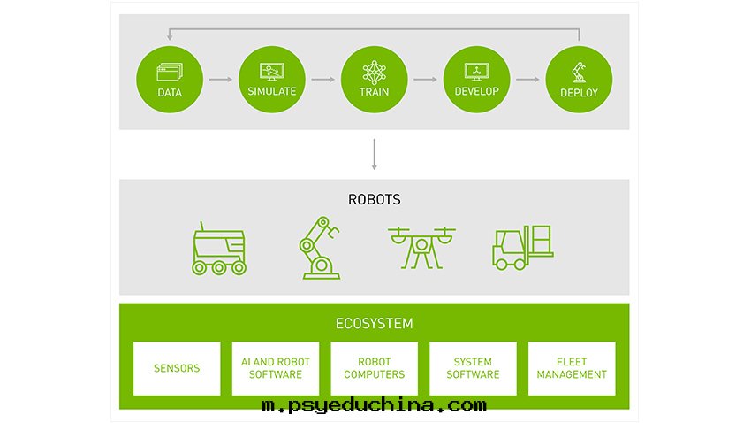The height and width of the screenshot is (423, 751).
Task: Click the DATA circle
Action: (x=170, y=80)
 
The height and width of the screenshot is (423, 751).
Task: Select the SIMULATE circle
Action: (x=272, y=80)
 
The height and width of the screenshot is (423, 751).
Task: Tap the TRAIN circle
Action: (x=374, y=80)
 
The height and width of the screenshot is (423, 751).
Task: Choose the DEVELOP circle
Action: (x=476, y=80)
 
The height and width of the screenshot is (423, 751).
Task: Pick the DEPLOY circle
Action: (x=579, y=80)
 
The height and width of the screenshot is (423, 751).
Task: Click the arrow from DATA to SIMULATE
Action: (x=221, y=80)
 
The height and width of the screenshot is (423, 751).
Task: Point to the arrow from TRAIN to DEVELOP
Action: (x=425, y=80)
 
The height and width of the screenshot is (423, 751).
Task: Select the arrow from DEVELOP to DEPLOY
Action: (x=527, y=80)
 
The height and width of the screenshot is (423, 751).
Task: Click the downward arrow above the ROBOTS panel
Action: (x=374, y=155)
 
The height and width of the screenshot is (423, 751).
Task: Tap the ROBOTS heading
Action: (x=374, y=199)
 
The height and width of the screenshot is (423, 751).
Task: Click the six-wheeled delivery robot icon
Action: (x=219, y=249)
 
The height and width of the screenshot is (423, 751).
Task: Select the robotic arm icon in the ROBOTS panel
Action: (x=320, y=248)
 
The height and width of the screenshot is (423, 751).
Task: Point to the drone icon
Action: (x=421, y=248)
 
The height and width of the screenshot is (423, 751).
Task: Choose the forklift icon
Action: (x=522, y=248)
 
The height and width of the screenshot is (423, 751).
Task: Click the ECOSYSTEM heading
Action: (x=374, y=324)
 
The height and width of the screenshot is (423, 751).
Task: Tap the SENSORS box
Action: (x=177, y=368)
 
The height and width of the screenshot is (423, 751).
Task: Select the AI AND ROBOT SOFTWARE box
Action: (x=276, y=368)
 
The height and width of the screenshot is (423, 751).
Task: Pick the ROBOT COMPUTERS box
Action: (x=374, y=368)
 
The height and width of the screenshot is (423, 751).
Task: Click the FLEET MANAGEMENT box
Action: (x=572, y=368)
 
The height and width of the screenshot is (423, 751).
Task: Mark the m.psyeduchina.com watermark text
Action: (x=374, y=405)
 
